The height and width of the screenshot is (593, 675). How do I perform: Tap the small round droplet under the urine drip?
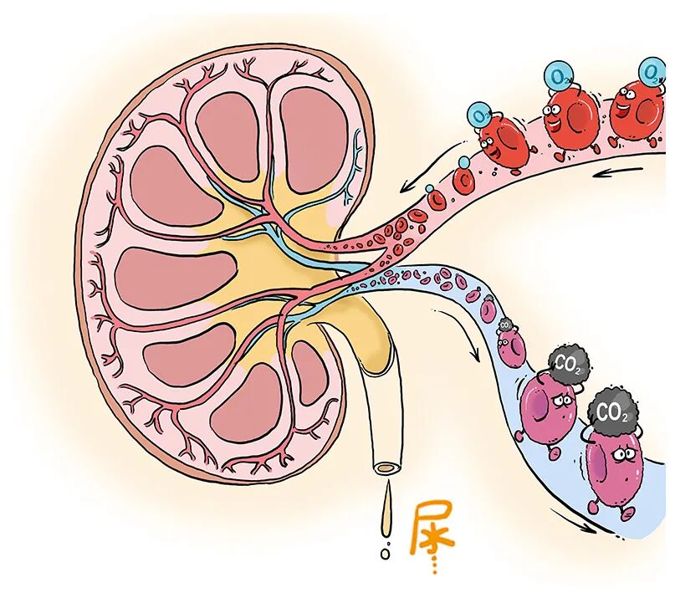tap(385, 553)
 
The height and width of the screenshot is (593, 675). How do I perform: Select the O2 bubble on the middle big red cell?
tap(557, 77)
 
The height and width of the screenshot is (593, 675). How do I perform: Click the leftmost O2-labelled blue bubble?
tap(480, 113)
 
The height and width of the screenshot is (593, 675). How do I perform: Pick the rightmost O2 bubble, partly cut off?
tap(652, 69)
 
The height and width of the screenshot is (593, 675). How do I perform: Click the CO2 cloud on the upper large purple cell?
tap(568, 363)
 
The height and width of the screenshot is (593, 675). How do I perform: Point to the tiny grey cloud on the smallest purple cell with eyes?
tap(505, 325)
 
